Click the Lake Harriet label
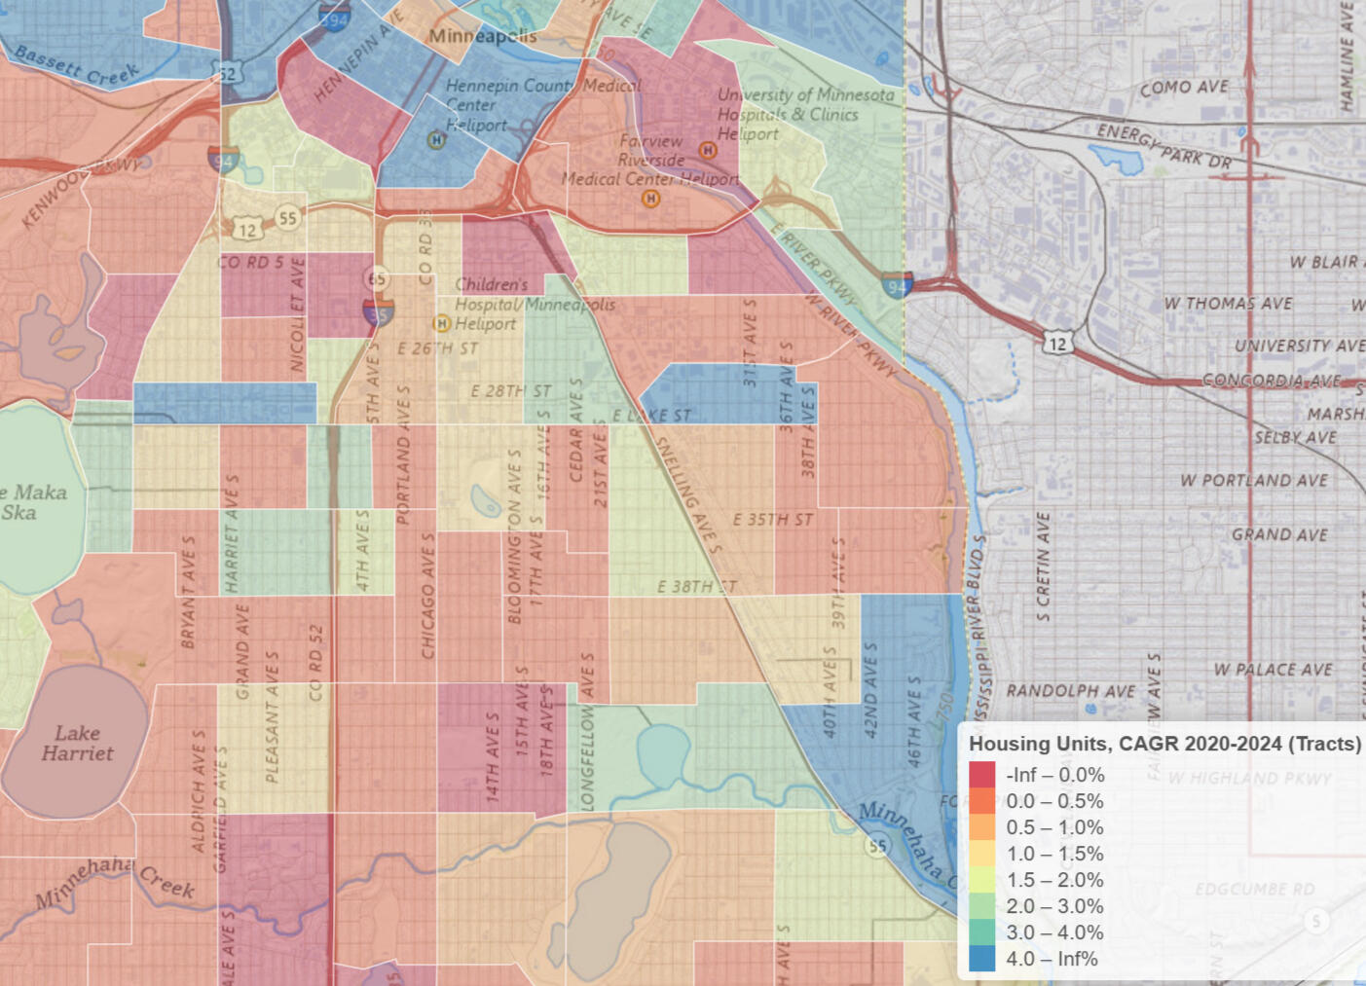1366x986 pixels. pos(77,743)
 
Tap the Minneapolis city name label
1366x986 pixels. pos(482,36)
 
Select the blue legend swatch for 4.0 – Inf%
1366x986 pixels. pos(982,959)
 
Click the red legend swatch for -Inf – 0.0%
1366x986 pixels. pos(982,775)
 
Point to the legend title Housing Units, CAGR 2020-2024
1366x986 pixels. pos(1164,744)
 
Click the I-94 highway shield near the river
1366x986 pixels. pos(897,284)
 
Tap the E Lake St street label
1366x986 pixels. pos(651,416)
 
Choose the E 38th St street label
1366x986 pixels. pos(696,587)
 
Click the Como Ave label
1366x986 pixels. pos(1183,88)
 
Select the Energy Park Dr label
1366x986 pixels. pos(1164,146)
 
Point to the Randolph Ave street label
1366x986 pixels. pos(1070,691)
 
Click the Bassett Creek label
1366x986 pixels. pos(76,65)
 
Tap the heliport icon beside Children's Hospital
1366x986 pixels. pos(441,323)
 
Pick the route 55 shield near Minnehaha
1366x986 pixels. pos(877,845)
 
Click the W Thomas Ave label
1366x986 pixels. pos(1228,304)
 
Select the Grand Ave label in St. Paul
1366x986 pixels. pos(1278,534)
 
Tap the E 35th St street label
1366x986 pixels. pos(772,520)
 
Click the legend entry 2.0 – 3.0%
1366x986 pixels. pos(1054,906)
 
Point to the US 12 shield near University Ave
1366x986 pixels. pos(1057,343)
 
